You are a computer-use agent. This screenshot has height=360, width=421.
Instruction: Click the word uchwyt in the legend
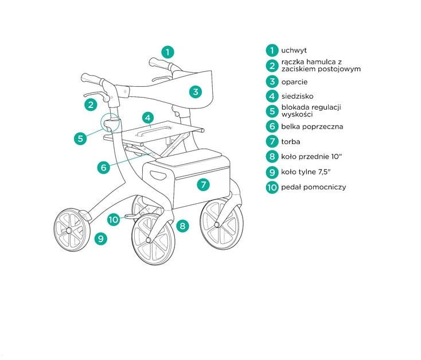[294, 51]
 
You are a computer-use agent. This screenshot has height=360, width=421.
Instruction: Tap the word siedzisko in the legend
[297, 96]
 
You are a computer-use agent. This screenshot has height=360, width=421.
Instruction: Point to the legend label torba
[291, 141]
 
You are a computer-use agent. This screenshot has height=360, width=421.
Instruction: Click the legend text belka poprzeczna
[311, 126]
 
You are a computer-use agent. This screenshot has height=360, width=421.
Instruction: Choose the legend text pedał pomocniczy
[313, 187]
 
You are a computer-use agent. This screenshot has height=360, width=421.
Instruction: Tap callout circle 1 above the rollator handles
[167, 51]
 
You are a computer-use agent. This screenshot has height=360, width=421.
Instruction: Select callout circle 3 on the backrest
[196, 91]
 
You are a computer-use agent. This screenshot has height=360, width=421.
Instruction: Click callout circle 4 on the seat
[148, 118]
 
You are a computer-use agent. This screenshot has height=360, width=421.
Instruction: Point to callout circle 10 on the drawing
[114, 219]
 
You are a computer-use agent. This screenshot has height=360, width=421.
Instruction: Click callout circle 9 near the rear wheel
[100, 238]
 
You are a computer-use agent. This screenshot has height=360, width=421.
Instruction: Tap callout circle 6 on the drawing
[103, 168]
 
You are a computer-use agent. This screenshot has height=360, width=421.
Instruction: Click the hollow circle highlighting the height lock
[110, 122]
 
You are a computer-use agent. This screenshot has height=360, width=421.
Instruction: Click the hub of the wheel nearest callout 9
[69, 230]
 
